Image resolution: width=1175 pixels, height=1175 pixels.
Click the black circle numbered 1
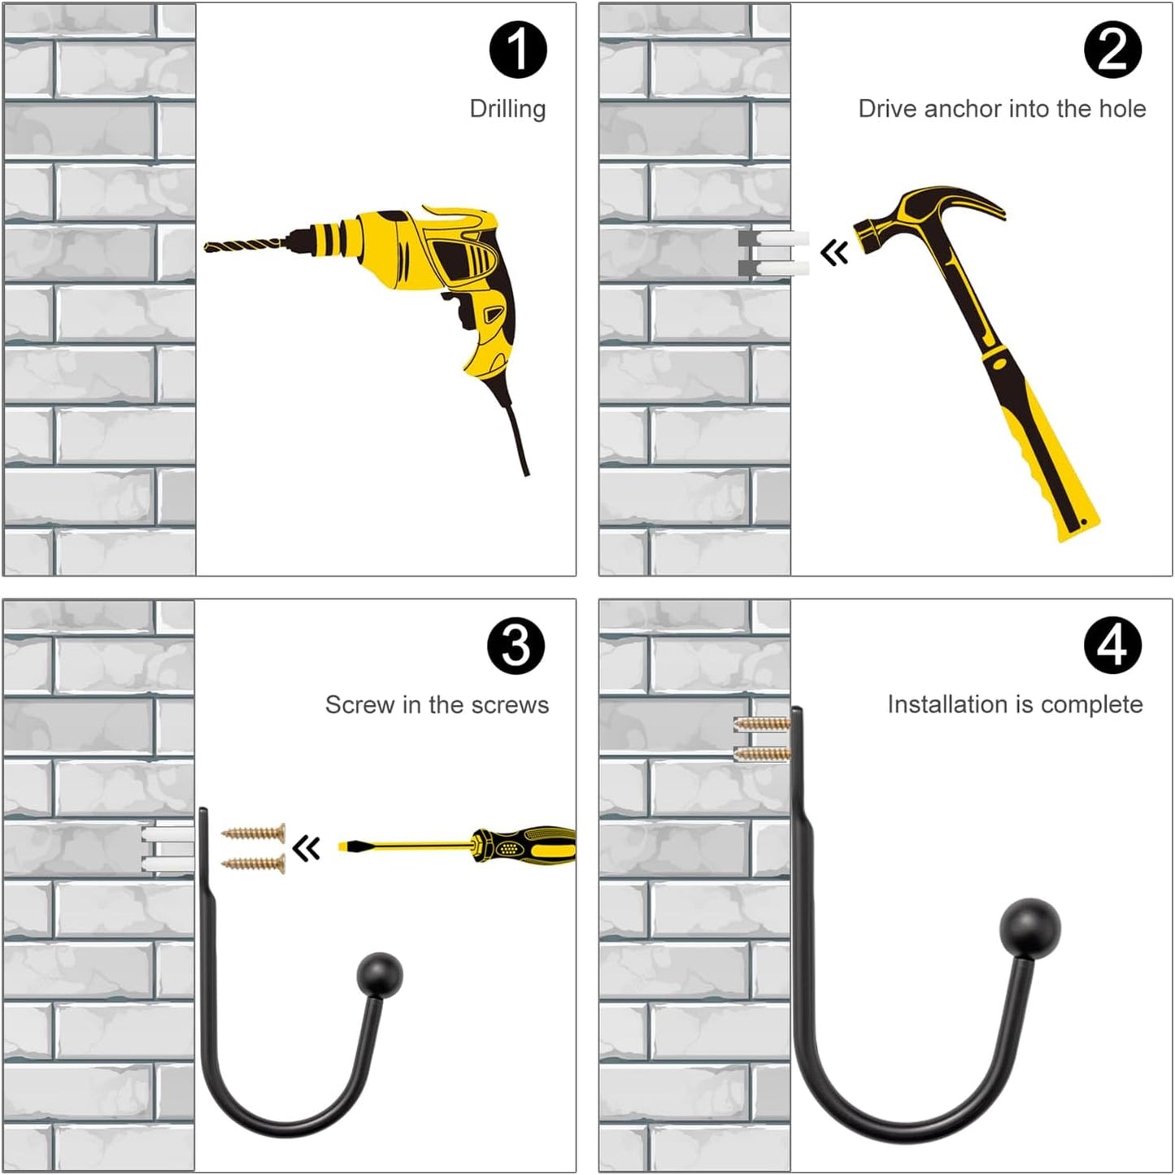pyautogui.click(x=518, y=50)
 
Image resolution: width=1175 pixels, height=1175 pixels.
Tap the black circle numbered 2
pyautogui.click(x=1112, y=50)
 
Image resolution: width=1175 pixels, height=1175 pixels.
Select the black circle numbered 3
pyautogui.click(x=516, y=646)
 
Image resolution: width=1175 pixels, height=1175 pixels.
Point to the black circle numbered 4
pyautogui.click(x=1113, y=646)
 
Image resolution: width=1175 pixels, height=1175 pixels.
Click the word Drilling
pyautogui.click(x=507, y=110)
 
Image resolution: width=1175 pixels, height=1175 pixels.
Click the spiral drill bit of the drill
pyautogui.click(x=244, y=246)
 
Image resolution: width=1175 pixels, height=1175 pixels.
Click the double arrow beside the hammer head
pyautogui.click(x=834, y=252)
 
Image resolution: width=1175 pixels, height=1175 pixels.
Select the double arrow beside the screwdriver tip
pyautogui.click(x=306, y=848)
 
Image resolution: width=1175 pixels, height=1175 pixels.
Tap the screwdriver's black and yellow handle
pyautogui.click(x=525, y=845)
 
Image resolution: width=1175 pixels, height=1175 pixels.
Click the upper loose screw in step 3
pyautogui.click(x=253, y=832)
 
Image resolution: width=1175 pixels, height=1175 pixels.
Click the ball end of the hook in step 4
pyautogui.click(x=1030, y=928)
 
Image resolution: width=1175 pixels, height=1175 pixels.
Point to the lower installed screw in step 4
pyautogui.click(x=762, y=755)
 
